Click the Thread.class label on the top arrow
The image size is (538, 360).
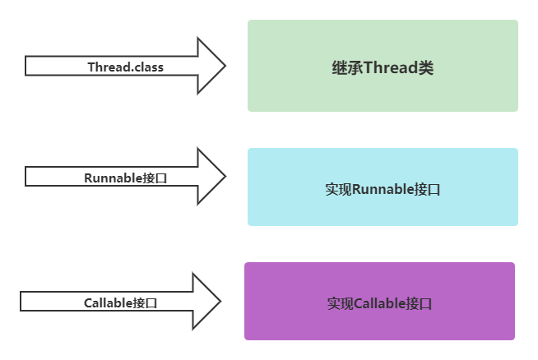(x=125, y=67)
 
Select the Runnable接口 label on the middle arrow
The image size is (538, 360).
(x=125, y=178)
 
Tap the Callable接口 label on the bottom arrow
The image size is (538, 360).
(x=120, y=302)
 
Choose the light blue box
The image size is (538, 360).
(x=383, y=210)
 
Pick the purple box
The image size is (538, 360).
(x=379, y=325)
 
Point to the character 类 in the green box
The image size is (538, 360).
(x=426, y=68)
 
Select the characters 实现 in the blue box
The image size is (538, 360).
(x=338, y=189)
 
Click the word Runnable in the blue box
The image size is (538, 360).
(x=383, y=189)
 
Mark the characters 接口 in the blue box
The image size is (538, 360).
(x=428, y=189)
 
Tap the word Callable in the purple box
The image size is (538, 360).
(x=379, y=303)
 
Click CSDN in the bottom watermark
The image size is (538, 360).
(x=404, y=346)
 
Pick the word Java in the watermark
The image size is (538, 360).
(x=490, y=346)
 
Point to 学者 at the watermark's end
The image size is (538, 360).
(x=514, y=346)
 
